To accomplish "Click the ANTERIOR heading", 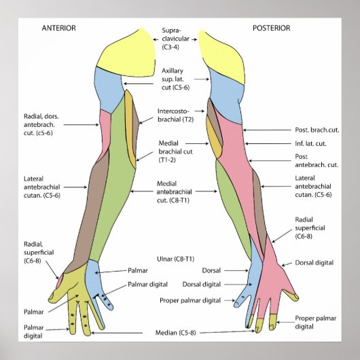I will click(x=58, y=28).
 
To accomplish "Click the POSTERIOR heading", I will click(x=271, y=28).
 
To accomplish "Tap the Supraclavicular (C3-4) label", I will click(x=177, y=39).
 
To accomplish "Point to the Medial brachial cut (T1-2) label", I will click(x=176, y=151).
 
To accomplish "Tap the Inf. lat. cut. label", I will click(x=311, y=143).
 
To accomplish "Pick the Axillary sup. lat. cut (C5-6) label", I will click(x=176, y=79).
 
